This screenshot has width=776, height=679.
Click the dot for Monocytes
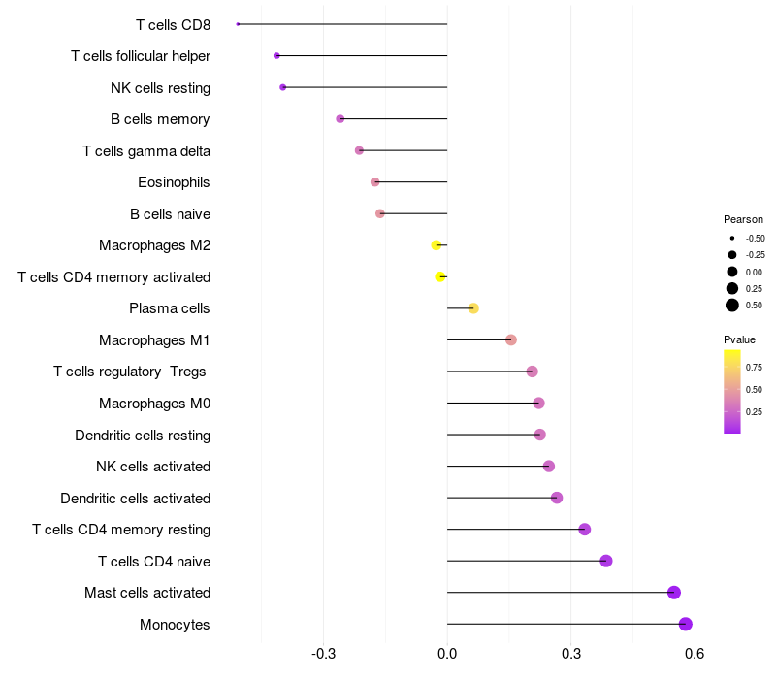(686, 624)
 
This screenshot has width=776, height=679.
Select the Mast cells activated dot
(674, 593)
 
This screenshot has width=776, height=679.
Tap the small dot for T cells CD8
(238, 24)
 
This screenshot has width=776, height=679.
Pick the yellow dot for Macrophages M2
(436, 245)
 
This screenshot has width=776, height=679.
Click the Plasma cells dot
(473, 308)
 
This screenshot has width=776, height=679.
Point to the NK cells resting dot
(282, 87)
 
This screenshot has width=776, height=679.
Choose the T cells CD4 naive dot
(606, 561)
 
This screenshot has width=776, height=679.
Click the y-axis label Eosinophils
(174, 182)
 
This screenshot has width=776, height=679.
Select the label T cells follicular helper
(141, 56)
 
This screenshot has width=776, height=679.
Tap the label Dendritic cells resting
(143, 435)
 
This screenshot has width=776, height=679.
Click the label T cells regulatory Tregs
(131, 372)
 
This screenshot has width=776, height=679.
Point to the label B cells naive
(170, 213)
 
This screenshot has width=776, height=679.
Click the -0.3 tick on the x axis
(324, 654)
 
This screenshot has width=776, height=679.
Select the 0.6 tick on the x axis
(694, 654)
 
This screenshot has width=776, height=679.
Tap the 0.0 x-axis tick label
(447, 654)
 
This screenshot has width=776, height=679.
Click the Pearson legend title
(743, 219)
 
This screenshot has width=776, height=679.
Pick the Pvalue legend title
(739, 339)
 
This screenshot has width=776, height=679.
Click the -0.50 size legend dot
(732, 238)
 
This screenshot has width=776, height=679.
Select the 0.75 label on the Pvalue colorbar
(754, 367)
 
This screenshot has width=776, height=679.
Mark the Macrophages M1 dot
(511, 339)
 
